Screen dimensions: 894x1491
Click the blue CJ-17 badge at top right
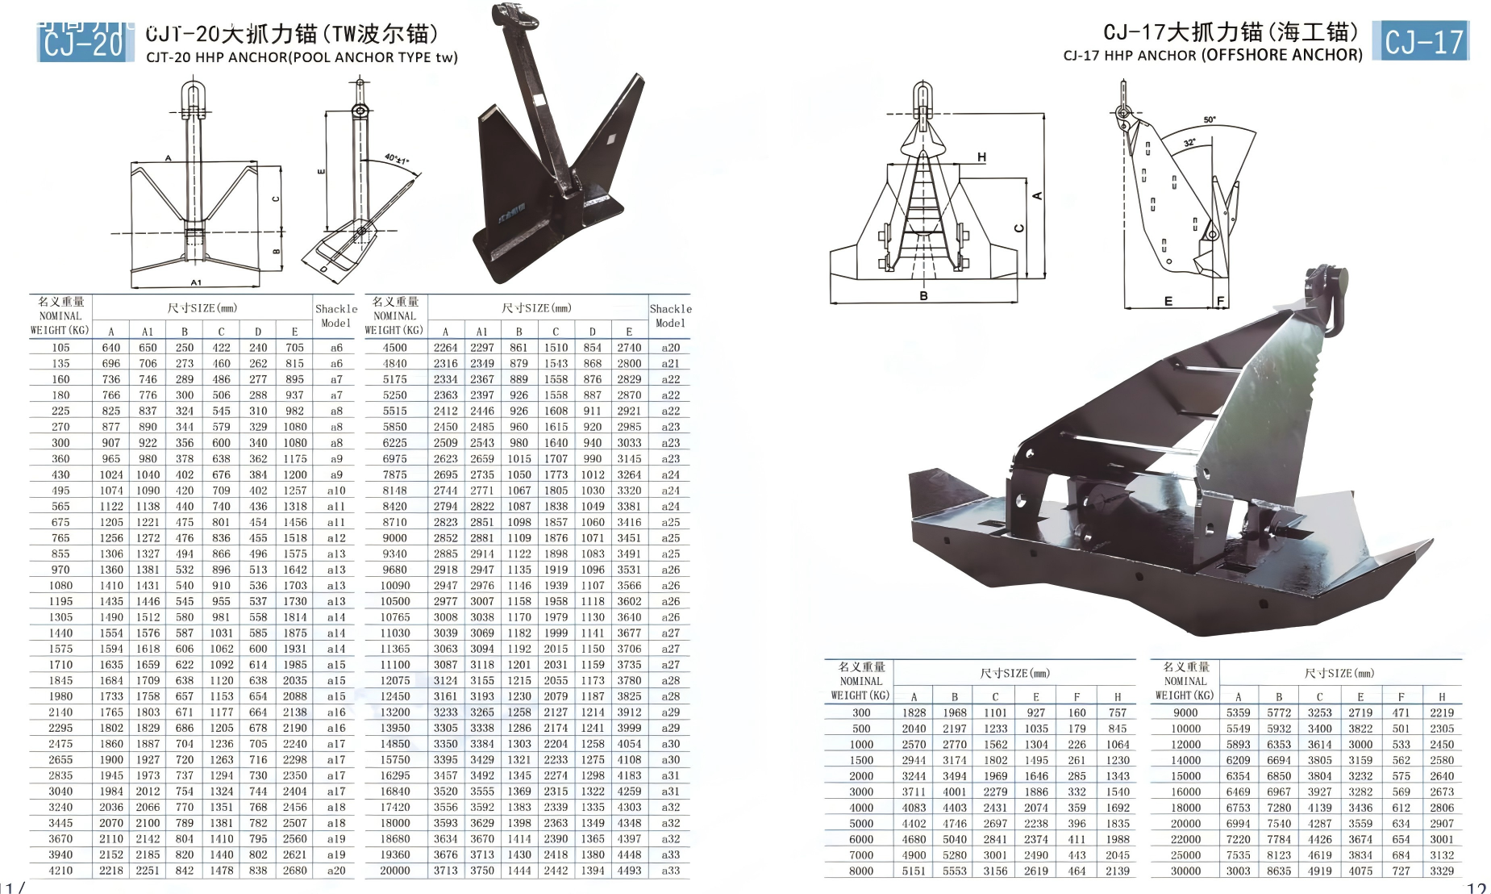(x=1424, y=41)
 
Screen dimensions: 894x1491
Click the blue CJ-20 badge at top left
(x=83, y=43)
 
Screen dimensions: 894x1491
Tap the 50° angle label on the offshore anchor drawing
(x=1210, y=120)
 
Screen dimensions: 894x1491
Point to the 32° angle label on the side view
(x=1189, y=143)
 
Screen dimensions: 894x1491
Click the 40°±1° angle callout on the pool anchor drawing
(x=396, y=159)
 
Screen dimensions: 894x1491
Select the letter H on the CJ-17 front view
(x=981, y=157)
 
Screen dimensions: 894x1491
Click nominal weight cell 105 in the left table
(x=60, y=348)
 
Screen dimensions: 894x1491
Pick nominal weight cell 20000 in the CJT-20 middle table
(x=395, y=871)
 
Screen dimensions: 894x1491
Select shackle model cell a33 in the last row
(x=670, y=871)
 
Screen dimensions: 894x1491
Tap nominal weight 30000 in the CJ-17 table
(x=1185, y=871)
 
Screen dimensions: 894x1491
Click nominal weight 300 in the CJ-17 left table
(x=861, y=712)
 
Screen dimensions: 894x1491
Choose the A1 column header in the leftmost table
(x=148, y=331)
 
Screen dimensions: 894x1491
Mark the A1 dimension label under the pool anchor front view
(x=196, y=282)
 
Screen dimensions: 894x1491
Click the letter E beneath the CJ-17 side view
(x=1168, y=301)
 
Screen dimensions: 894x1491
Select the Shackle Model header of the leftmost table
(x=335, y=315)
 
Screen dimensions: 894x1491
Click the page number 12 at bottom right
(x=1476, y=888)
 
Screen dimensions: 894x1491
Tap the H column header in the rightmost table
(x=1441, y=696)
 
